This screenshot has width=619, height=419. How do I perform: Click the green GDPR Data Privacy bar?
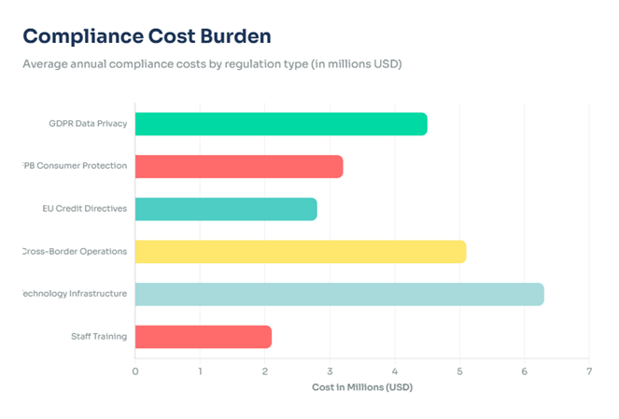[280, 124]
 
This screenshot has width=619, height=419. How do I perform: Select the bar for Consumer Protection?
[238, 167]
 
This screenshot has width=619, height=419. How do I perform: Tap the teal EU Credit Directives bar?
[225, 209]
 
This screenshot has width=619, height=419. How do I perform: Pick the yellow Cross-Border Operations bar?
[300, 251]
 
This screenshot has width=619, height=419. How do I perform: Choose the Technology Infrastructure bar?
[339, 294]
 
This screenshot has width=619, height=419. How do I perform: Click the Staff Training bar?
[203, 336]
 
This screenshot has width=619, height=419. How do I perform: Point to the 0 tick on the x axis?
[135, 370]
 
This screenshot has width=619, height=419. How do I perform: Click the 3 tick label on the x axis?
[330, 370]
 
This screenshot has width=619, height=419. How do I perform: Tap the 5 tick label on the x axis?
[459, 370]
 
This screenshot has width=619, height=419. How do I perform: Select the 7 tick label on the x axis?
[589, 370]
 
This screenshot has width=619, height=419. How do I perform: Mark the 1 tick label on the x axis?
[200, 370]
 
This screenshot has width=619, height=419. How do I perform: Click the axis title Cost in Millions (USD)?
[361, 386]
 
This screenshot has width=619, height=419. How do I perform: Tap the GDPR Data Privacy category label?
[88, 124]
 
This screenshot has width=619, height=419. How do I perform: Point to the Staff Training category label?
[99, 336]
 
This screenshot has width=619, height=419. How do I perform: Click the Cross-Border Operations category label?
[75, 251]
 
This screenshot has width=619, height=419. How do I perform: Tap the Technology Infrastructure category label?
[75, 294]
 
